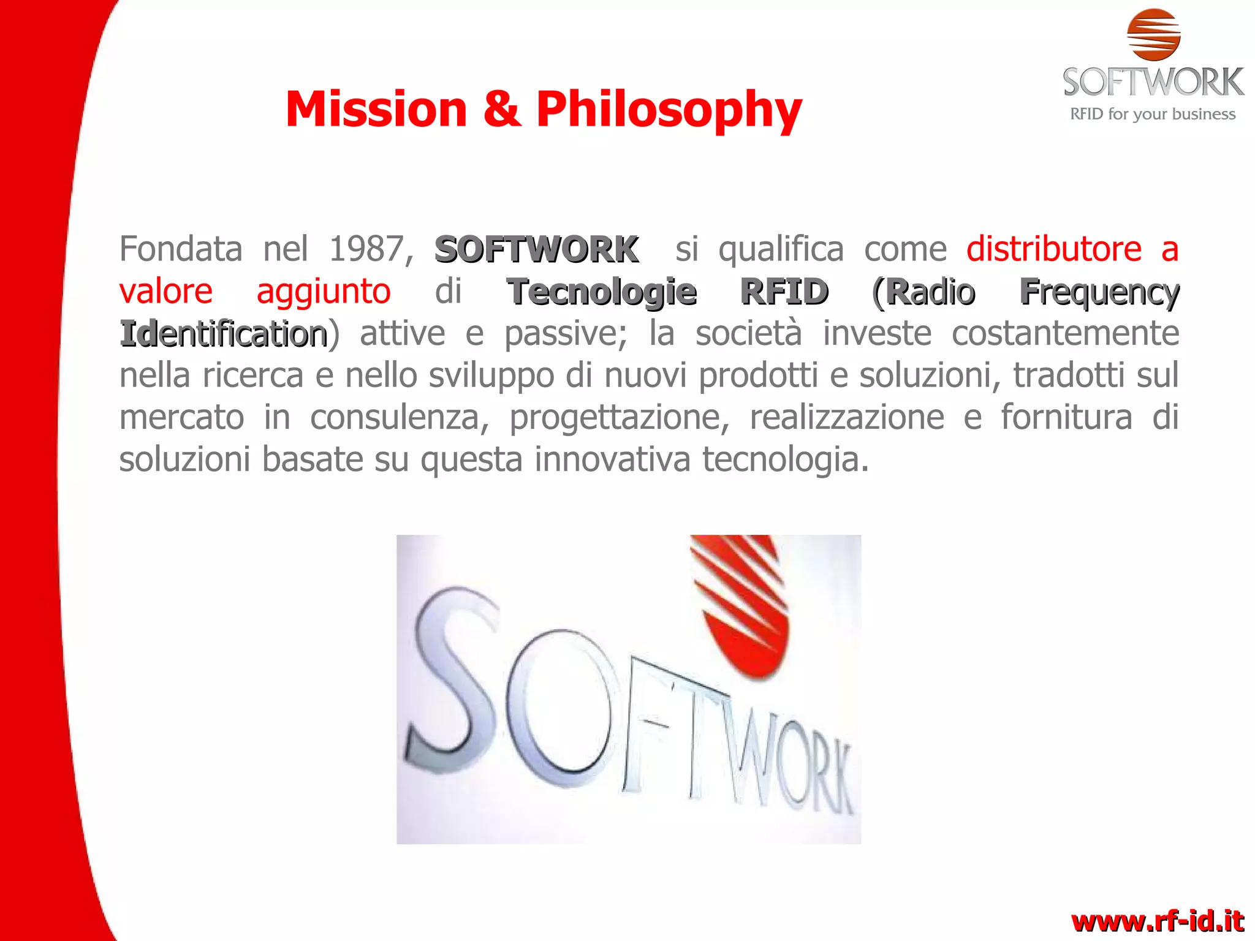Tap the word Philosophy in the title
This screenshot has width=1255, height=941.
pyautogui.click(x=669, y=110)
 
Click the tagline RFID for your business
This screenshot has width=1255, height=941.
pyautogui.click(x=1152, y=114)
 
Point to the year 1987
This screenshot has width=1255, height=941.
pyautogui.click(x=365, y=249)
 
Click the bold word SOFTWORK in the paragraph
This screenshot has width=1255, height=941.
pyautogui.click(x=536, y=249)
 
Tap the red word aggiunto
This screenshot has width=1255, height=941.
pyautogui.click(x=323, y=291)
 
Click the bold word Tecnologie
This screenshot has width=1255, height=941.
pyautogui.click(x=602, y=291)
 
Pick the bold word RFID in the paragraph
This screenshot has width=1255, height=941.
pyautogui.click(x=784, y=291)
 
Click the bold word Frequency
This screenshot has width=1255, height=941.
pyautogui.click(x=1099, y=292)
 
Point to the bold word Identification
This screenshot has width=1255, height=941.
pyautogui.click(x=224, y=334)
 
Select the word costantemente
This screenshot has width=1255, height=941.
pyautogui.click(x=1065, y=333)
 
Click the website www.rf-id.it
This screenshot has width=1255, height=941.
pyautogui.click(x=1157, y=921)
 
